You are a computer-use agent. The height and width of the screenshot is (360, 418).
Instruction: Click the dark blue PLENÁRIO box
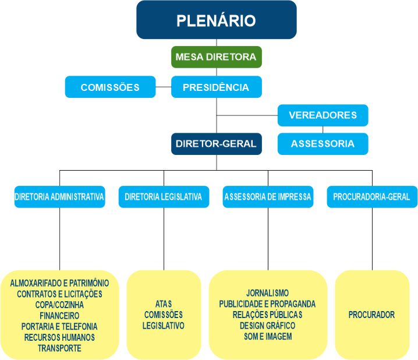point(217,20)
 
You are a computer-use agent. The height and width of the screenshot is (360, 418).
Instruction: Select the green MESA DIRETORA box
point(217,57)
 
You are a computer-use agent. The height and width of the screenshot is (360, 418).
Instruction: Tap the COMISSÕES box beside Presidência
point(110,87)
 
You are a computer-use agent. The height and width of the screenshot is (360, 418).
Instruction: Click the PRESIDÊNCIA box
point(216,87)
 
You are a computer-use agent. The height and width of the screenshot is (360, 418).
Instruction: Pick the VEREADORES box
point(323,115)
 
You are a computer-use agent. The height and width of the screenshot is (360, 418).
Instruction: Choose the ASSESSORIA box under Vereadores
point(323,143)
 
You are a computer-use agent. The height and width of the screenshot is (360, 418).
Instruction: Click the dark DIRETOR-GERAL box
point(216,143)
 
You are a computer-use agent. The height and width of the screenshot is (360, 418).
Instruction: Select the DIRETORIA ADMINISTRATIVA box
point(59,197)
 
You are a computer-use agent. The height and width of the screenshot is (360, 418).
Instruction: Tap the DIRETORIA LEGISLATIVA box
point(163,197)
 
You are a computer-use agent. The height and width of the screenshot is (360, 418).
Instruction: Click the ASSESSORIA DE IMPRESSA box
point(268,197)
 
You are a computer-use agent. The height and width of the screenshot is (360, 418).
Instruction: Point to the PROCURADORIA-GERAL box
point(371,197)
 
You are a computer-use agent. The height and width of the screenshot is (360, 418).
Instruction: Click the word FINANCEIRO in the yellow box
point(59,315)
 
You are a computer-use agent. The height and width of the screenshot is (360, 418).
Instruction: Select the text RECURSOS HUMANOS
point(59,337)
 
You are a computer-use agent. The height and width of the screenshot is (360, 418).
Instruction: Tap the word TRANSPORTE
point(59,348)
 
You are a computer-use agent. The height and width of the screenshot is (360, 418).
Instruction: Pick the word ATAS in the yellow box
point(163,304)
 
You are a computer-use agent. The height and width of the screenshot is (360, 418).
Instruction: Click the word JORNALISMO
point(268,293)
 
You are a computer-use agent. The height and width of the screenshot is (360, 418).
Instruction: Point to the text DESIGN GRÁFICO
point(268,326)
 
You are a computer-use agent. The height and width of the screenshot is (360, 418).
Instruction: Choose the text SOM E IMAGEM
point(268,337)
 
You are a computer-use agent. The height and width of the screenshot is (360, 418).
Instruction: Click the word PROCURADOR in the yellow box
point(371,315)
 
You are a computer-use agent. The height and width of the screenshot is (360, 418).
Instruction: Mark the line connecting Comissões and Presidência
point(164,88)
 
